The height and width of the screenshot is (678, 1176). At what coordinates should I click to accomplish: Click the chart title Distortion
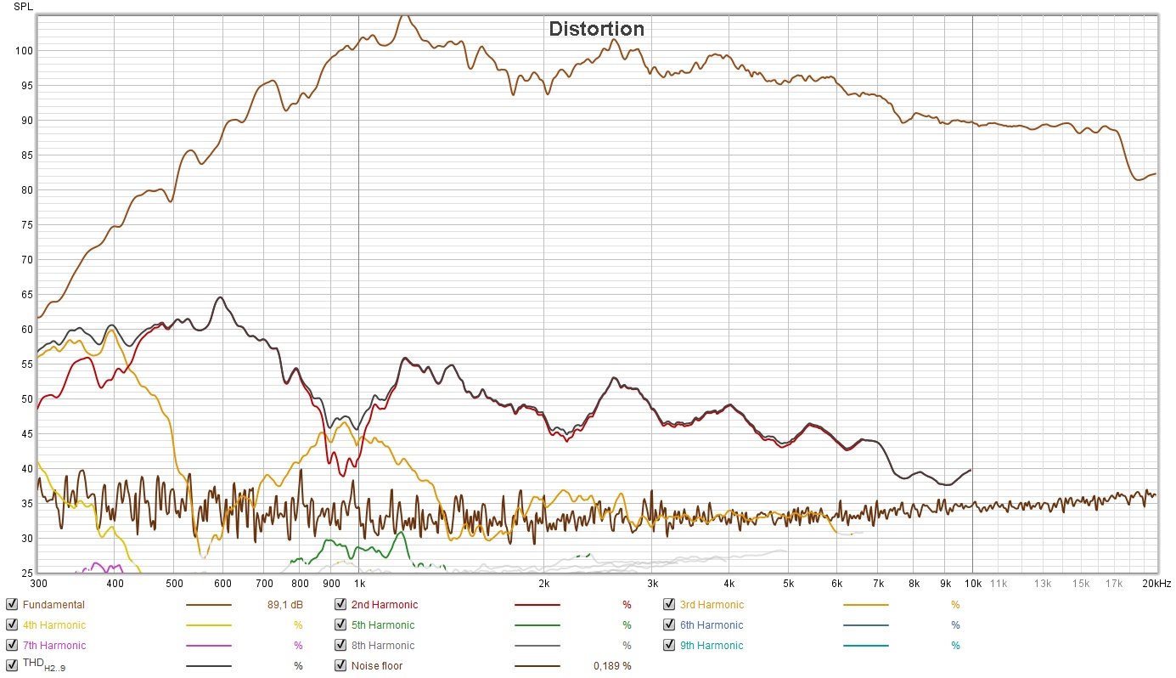coord(596,29)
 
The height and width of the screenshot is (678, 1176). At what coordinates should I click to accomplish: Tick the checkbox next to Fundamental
coord(12,605)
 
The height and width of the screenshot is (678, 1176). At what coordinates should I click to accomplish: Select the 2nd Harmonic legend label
coord(385,605)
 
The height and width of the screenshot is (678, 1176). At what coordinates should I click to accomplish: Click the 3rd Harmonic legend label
coord(712,605)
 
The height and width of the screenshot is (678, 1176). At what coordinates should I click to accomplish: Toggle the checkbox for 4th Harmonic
coord(12,625)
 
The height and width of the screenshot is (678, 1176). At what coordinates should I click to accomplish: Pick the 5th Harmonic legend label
coord(383,625)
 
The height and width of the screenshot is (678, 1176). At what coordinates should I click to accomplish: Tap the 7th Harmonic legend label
coord(54,646)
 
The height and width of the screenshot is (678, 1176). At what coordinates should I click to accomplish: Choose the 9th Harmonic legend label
coord(712,646)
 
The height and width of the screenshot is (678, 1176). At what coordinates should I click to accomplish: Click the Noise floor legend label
coord(377,666)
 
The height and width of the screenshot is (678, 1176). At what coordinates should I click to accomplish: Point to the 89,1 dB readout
coord(284,605)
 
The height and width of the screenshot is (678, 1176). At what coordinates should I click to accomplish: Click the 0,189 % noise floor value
coord(612,666)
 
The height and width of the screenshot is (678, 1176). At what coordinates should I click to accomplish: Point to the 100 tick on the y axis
coord(24,51)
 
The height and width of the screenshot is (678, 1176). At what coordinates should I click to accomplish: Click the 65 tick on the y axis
coord(26,295)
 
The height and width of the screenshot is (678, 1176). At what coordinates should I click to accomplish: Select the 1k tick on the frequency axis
coord(359,584)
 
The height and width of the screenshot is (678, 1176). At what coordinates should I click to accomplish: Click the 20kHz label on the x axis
coord(1155,584)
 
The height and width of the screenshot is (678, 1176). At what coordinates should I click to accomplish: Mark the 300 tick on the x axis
coord(38,584)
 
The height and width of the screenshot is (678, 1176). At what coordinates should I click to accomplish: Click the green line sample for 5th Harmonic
coord(537,625)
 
